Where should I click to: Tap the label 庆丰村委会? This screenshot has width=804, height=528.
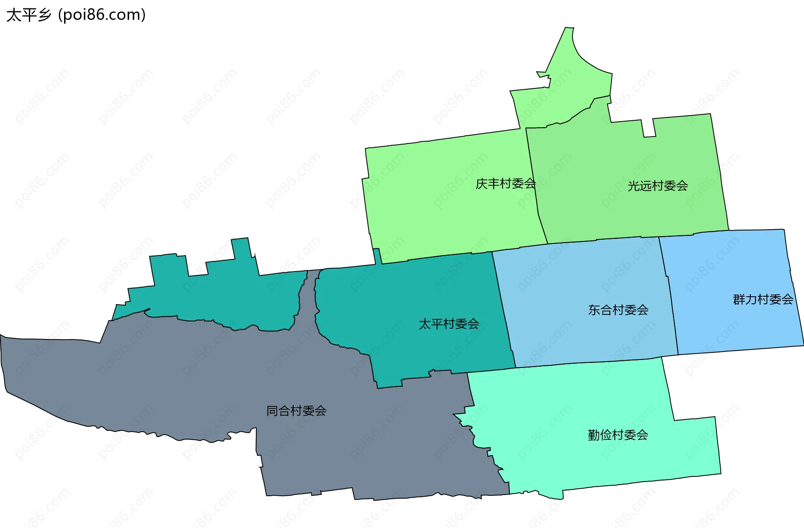(x=505, y=184)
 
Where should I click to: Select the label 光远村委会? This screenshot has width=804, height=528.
(x=657, y=186)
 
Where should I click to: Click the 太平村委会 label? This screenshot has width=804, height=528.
(x=449, y=324)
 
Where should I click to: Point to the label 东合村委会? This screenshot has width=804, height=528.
(x=618, y=310)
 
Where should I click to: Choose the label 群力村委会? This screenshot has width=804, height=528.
(x=763, y=299)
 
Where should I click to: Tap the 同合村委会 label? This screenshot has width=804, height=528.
(x=296, y=411)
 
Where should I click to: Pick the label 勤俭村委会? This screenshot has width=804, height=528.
(x=618, y=435)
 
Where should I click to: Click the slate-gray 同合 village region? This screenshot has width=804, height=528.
(x=167, y=377)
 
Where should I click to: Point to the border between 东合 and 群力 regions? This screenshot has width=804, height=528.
(x=669, y=298)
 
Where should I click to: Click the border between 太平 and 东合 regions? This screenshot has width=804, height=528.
(x=504, y=310)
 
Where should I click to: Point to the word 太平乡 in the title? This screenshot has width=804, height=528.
(x=28, y=15)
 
